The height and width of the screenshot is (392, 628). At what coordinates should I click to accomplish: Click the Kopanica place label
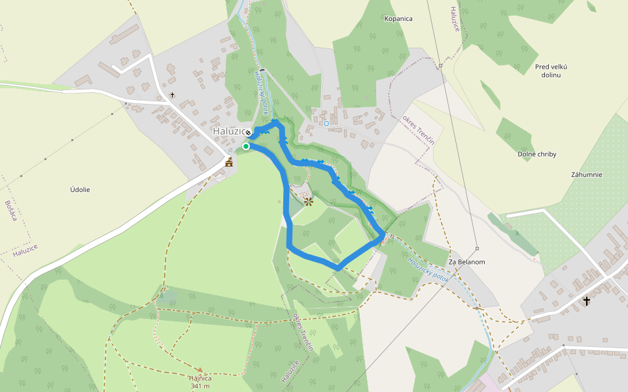pyautogui.click(x=398, y=18)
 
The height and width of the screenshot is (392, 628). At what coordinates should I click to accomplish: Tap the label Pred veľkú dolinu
pyautogui.click(x=551, y=71)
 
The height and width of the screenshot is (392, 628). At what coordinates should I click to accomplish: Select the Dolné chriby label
pyautogui.click(x=536, y=154)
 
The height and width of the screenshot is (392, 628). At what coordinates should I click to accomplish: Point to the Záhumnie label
pyautogui.click(x=586, y=174)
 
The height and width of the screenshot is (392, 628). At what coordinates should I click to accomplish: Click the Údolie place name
pyautogui.click(x=80, y=189)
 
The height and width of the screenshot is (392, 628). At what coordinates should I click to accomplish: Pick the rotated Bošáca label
pyautogui.click(x=10, y=210)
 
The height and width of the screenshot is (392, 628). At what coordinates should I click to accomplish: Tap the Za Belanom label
pyautogui.click(x=466, y=262)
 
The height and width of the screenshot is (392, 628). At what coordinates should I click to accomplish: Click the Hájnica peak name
pyautogui.click(x=200, y=378)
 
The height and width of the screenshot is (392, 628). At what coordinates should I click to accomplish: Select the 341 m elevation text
pyautogui.click(x=200, y=386)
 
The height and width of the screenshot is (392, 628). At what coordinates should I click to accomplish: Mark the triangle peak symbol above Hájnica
pyautogui.click(x=200, y=370)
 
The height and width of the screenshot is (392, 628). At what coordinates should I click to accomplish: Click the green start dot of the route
pyautogui.click(x=246, y=146)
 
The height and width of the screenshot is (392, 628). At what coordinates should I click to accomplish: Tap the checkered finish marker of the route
pyautogui.click(x=248, y=133)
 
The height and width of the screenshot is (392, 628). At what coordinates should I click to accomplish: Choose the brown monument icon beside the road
pyautogui.click(x=229, y=162)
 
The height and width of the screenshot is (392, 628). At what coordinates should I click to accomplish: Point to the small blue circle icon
pyautogui.click(x=326, y=123)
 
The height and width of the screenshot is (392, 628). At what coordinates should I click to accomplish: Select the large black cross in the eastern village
pyautogui.click(x=587, y=301)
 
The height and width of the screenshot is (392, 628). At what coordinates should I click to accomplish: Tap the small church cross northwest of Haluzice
pyautogui.click(x=172, y=95)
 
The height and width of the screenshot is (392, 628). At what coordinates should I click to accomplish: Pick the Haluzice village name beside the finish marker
pyautogui.click(x=228, y=131)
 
